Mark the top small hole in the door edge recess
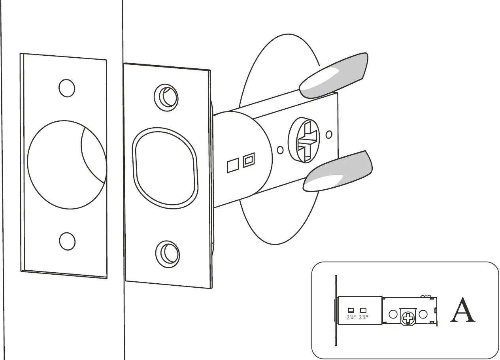point(67,88)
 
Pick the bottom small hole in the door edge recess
point(67,240)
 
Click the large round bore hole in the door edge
point(63,164)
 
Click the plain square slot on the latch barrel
point(232,166)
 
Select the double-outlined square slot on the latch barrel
point(248,160)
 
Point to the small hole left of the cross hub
point(280,150)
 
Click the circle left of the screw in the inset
point(393,314)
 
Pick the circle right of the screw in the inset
point(423,314)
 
